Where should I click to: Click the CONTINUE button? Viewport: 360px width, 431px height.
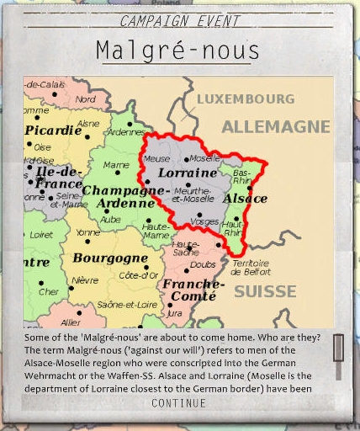click(178, 403)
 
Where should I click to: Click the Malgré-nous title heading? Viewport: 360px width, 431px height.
click(180, 50)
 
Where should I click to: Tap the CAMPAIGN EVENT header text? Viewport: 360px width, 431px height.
click(180, 21)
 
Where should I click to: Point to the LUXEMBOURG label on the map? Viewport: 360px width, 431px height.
click(246, 98)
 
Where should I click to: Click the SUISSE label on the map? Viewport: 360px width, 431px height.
click(265, 291)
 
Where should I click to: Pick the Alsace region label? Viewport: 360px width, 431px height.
click(245, 199)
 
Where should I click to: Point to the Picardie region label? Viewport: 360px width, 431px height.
click(53, 130)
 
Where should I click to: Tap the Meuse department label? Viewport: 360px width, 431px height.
click(156, 158)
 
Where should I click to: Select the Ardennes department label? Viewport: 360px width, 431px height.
click(124, 131)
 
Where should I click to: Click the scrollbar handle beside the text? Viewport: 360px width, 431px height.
click(338, 346)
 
